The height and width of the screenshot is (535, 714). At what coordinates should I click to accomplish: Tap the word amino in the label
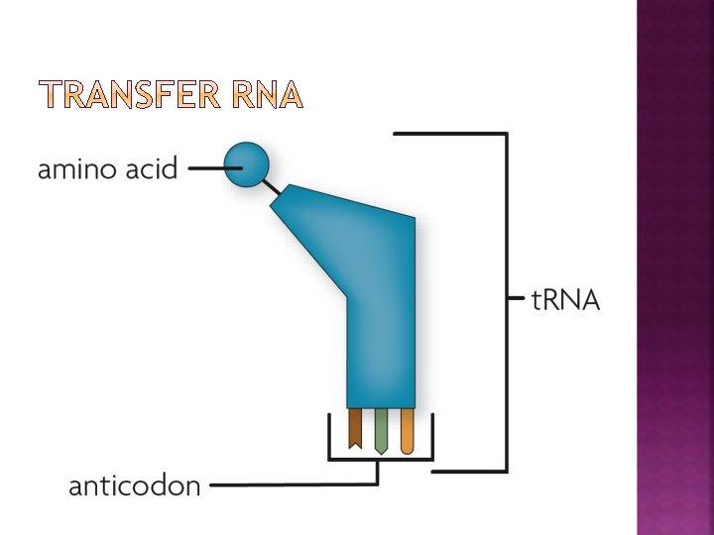[x=78, y=169]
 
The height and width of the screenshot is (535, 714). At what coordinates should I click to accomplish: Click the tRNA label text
[x=566, y=300]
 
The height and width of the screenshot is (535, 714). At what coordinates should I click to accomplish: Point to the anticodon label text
[x=134, y=486]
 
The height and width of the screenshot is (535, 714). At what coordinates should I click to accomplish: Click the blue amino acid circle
[x=246, y=164]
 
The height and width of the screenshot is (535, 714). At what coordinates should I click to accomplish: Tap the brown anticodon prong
[x=355, y=428]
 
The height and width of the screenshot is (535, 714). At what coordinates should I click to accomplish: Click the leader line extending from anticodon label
[x=297, y=485]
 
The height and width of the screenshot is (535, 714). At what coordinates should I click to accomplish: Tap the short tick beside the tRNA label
[x=516, y=297]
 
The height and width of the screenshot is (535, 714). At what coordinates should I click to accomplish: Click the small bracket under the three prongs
[x=381, y=459]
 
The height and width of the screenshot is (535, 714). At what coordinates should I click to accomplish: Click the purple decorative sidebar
[x=674, y=267]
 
